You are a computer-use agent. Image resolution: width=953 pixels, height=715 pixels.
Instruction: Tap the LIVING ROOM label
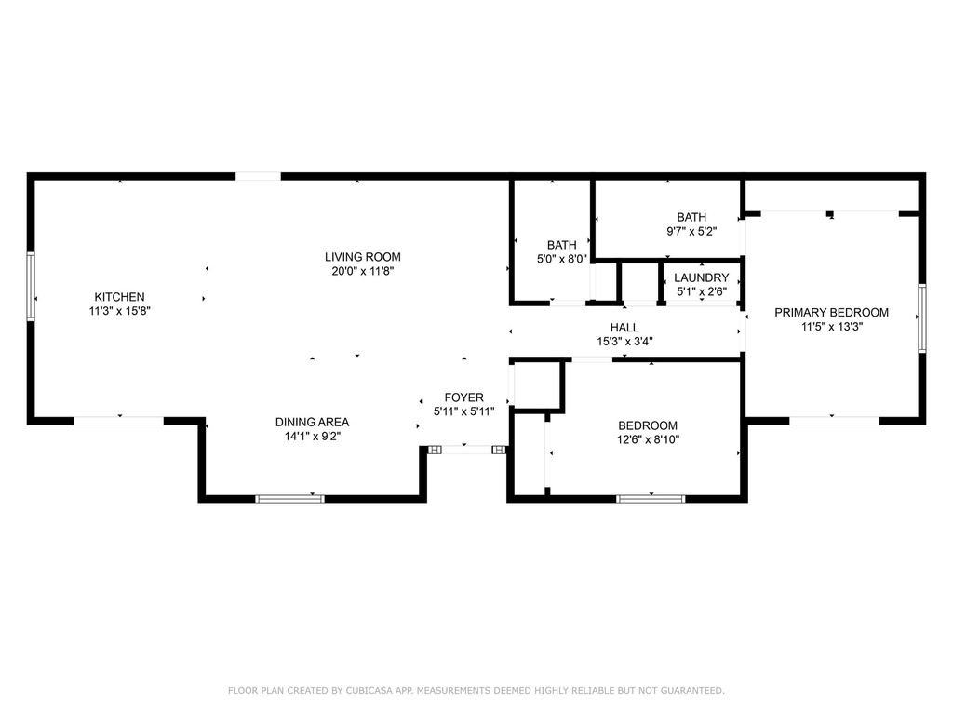[362, 257]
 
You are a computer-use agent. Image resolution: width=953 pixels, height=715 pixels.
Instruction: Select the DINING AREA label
[312, 422]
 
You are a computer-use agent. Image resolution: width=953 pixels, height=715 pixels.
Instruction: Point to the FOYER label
[463, 398]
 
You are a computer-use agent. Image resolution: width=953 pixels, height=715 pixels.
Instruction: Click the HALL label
[624, 328]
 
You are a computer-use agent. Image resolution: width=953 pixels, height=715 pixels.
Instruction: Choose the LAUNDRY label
[701, 278]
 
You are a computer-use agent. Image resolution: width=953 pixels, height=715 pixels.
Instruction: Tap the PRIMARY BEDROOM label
[831, 313]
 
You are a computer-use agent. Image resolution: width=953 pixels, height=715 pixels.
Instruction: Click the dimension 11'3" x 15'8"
[120, 311]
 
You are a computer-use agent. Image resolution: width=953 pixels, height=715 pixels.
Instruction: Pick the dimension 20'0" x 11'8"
[362, 271]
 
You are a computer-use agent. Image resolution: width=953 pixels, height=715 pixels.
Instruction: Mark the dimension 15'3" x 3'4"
[624, 341]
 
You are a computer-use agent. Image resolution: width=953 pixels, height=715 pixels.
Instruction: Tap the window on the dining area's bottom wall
[290, 499]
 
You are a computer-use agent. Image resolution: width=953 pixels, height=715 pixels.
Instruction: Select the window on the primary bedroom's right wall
[921, 318]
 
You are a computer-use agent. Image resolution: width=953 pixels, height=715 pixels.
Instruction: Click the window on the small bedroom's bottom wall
[651, 499]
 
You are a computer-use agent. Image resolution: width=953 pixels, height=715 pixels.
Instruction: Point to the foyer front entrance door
[466, 450]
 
